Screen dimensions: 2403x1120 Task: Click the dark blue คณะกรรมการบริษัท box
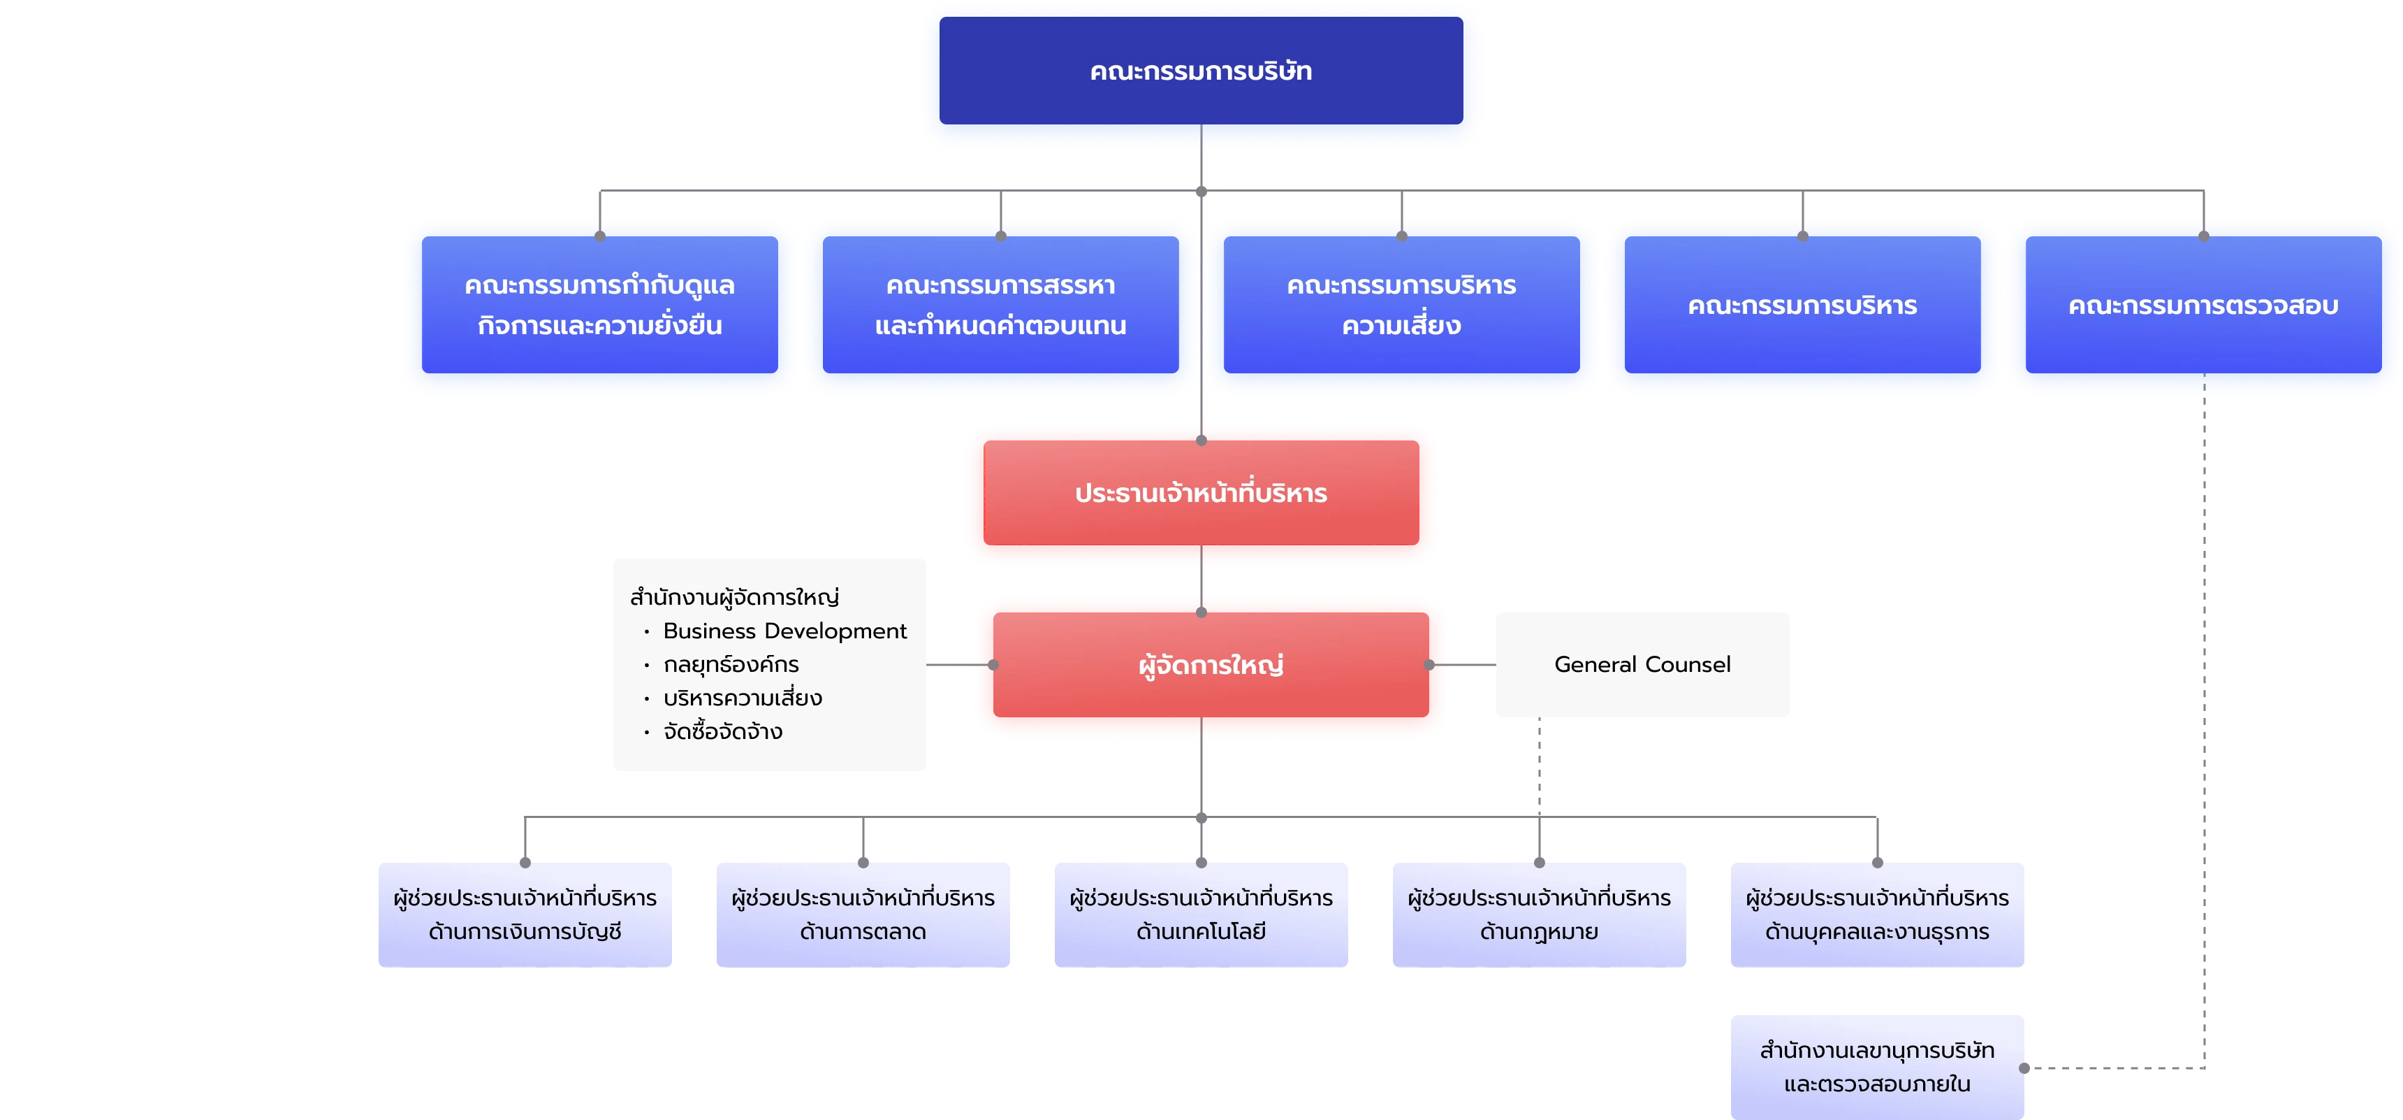pos(1201,70)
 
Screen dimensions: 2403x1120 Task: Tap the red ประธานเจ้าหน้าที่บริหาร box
pos(1201,493)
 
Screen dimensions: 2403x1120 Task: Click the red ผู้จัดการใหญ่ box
pos(1211,665)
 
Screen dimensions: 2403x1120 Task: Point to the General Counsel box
pos(1642,665)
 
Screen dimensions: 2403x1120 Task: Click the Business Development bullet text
pos(784,631)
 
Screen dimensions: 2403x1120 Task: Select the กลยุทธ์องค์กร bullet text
pos(731,665)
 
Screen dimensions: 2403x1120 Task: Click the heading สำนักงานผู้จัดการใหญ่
pos(734,597)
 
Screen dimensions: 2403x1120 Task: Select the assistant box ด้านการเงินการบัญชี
pos(525,914)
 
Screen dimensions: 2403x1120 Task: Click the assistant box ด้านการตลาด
pos(863,914)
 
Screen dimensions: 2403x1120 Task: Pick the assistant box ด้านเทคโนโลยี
pos(1201,914)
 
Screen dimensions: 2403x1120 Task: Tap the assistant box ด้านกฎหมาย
pos(1539,914)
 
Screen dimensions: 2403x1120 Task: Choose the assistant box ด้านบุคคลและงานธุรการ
pos(1877,914)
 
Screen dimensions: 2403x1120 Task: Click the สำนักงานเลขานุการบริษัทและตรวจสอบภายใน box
pos(1877,1067)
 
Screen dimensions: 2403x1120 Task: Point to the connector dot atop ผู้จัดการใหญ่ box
pos(1201,613)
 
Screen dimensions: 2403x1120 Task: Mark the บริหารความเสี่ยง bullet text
pos(743,698)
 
